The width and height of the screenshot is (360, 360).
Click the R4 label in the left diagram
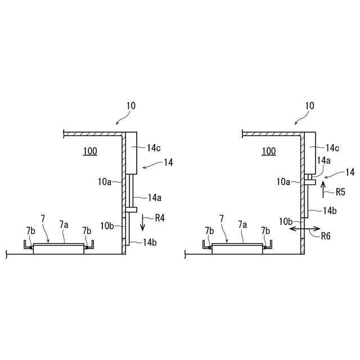(160, 217)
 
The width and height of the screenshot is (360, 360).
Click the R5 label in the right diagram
(340, 192)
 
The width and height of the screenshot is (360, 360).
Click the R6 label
(326, 237)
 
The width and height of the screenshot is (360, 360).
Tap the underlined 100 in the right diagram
(269, 151)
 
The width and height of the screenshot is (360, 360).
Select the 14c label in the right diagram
(333, 148)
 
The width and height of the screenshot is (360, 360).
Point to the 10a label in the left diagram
(105, 181)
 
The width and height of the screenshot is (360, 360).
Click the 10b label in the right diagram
(285, 221)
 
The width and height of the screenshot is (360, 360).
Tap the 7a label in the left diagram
(65, 224)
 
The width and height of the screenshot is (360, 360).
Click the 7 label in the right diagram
(222, 217)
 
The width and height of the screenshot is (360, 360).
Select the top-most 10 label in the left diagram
(130, 105)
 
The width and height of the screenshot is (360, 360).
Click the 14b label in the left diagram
(150, 242)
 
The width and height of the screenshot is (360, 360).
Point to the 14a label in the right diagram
(323, 160)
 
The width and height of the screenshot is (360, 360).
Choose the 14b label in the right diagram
(330, 210)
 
